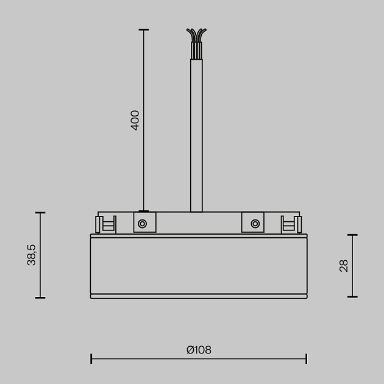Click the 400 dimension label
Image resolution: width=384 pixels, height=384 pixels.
(x=135, y=119)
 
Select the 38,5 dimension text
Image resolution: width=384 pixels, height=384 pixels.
(x=32, y=255)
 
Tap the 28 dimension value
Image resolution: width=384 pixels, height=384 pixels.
(x=344, y=265)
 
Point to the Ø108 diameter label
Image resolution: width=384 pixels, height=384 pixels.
(x=199, y=350)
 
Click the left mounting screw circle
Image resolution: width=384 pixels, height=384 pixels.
(x=142, y=224)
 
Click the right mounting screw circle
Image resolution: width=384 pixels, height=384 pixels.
(x=253, y=224)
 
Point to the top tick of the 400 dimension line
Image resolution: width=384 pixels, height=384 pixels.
(x=144, y=29)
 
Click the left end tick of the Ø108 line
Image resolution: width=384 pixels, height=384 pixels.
(x=91, y=358)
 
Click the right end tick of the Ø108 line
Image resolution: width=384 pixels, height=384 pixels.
(x=306, y=358)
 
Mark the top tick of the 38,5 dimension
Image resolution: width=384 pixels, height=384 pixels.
(x=40, y=213)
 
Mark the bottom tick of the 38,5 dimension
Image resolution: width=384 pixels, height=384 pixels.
(x=40, y=297)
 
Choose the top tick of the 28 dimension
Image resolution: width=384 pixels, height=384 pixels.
(x=352, y=235)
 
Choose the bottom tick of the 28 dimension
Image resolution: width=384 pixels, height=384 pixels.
(x=352, y=297)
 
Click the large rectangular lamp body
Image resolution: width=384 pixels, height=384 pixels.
(x=198, y=265)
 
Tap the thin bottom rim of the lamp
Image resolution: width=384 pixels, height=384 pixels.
(x=198, y=296)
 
